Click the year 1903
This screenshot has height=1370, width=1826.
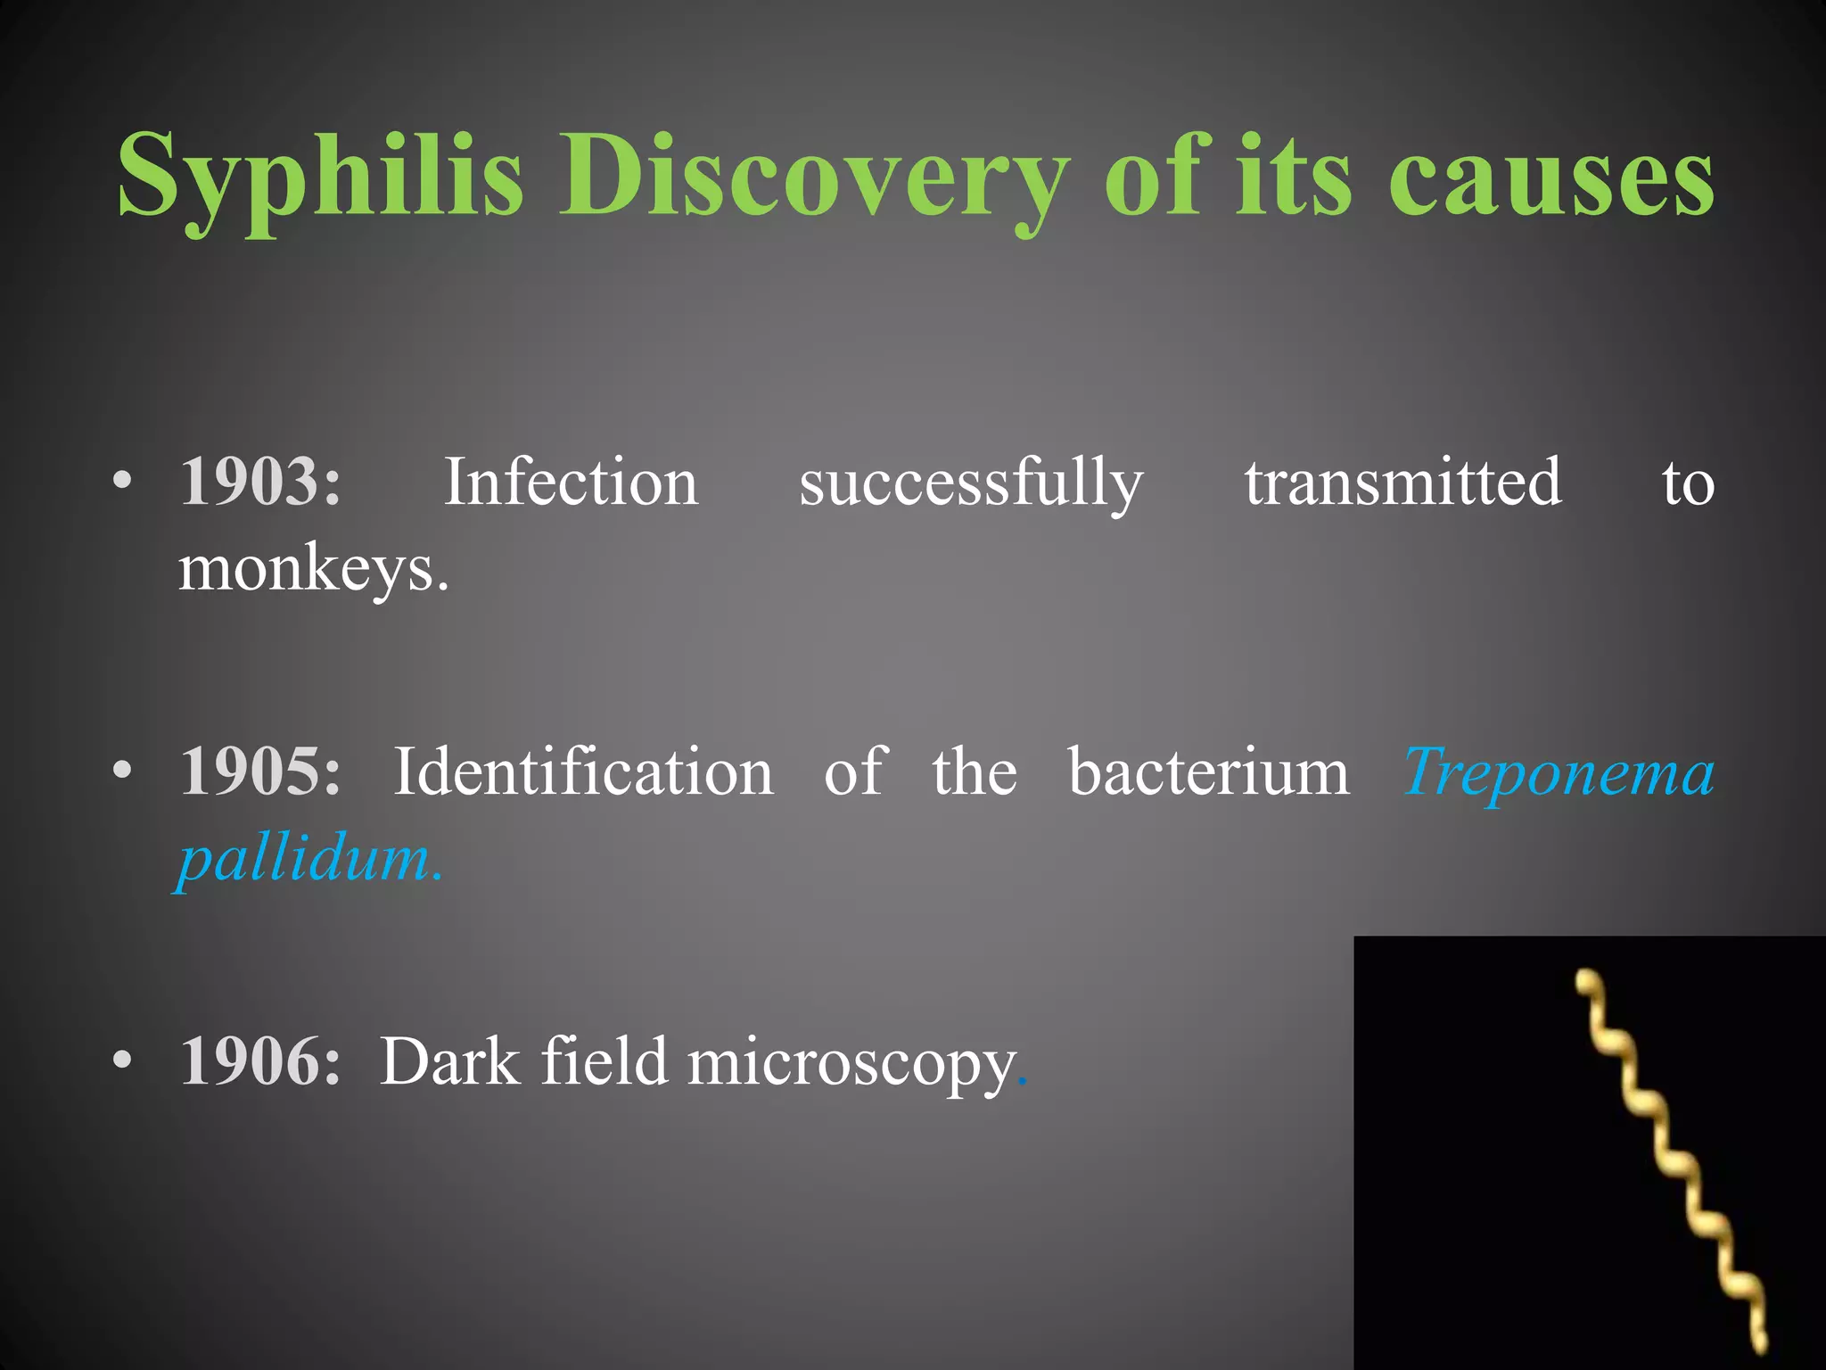(x=259, y=483)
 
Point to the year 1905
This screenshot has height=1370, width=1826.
(x=259, y=772)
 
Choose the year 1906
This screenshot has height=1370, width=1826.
(x=259, y=1061)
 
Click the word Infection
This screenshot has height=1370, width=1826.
(x=571, y=483)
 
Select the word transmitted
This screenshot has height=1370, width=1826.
(x=1402, y=483)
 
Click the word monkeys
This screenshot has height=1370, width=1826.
(x=312, y=569)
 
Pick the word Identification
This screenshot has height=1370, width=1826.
(x=583, y=772)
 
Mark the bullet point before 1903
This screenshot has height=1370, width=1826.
(x=123, y=483)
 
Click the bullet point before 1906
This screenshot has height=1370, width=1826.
(x=123, y=1061)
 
